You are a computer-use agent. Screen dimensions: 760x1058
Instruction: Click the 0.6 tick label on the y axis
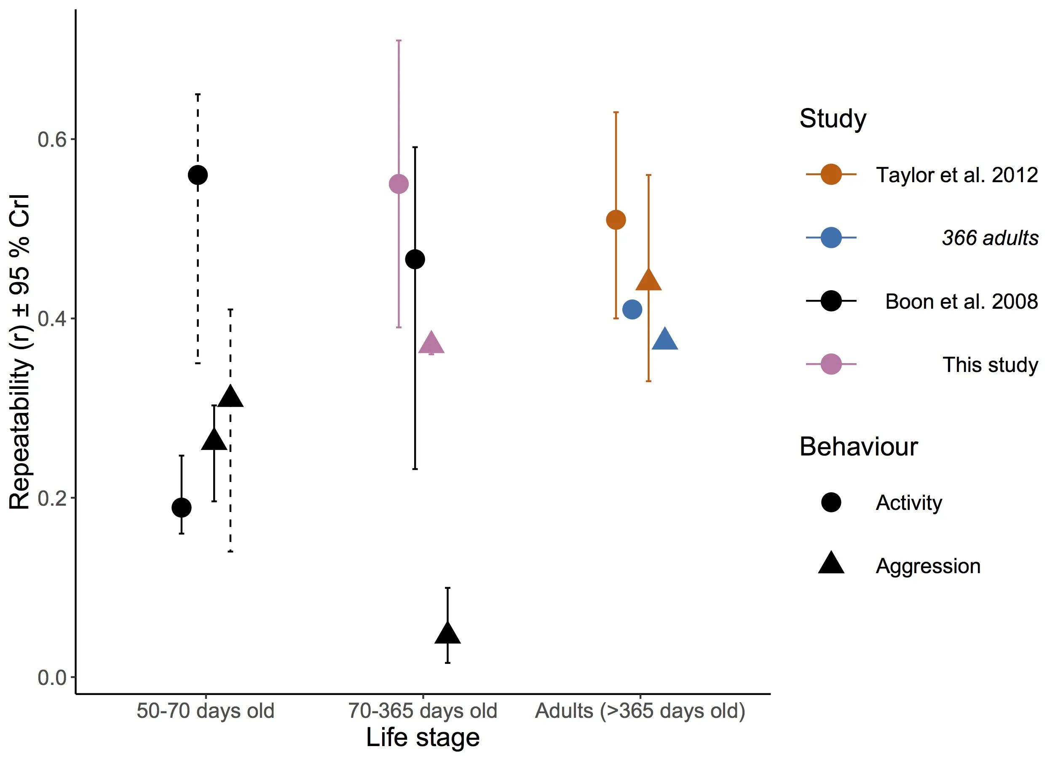click(x=52, y=140)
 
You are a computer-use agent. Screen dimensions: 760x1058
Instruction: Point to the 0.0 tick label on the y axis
click(x=52, y=677)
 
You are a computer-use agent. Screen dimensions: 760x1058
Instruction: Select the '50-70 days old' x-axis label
click(x=205, y=711)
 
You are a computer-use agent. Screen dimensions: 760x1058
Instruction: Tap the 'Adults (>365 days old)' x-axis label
click(x=640, y=711)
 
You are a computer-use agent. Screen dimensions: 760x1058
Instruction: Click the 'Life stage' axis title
click(x=423, y=738)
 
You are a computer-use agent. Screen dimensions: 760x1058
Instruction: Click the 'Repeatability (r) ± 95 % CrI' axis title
click(x=19, y=352)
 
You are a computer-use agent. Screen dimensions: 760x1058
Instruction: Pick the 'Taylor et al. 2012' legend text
click(x=957, y=175)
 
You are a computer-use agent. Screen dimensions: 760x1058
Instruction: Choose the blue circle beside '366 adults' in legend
click(x=831, y=237)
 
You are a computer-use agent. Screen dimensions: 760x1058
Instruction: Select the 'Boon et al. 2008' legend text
click(x=962, y=302)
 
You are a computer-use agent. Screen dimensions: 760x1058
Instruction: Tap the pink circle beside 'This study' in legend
click(x=831, y=364)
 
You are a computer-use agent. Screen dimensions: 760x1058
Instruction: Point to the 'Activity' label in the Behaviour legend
click(x=909, y=503)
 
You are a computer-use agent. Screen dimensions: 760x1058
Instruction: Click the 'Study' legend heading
click(x=833, y=119)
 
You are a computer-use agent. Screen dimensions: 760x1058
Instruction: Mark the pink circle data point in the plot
click(x=399, y=184)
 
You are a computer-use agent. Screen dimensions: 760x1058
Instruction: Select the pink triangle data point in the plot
click(x=431, y=344)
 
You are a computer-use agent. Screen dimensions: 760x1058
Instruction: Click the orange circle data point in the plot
click(x=616, y=220)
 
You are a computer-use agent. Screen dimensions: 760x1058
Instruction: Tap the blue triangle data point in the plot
click(x=665, y=340)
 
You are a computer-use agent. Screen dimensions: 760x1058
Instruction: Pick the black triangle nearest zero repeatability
click(x=447, y=634)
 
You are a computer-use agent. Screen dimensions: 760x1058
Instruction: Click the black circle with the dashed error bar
click(x=198, y=175)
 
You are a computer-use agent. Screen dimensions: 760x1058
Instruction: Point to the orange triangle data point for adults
click(x=648, y=280)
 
